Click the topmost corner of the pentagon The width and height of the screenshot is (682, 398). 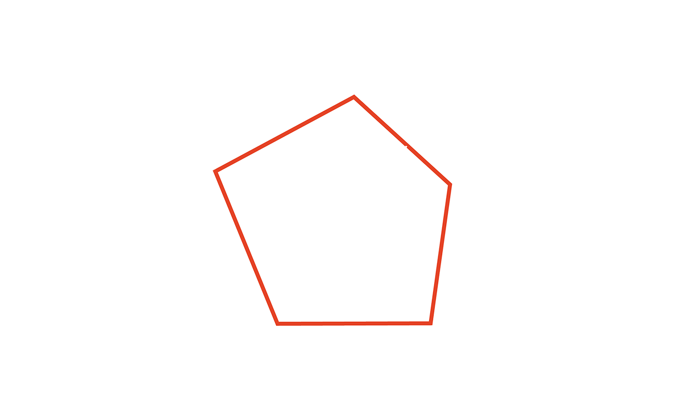tap(354, 97)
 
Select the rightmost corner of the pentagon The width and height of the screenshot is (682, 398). tap(450, 184)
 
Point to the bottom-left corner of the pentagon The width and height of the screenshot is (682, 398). tap(277, 324)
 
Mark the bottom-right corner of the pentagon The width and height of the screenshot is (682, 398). tap(430, 323)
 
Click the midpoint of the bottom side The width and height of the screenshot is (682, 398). tap(354, 324)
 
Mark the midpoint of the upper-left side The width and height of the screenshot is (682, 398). tap(285, 134)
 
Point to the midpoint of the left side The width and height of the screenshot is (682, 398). tap(247, 247)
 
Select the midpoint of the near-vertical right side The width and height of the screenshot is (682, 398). tap(440, 254)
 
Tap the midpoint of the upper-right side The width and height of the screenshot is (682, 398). tap(402, 141)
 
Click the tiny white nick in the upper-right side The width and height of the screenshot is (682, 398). tap(406, 146)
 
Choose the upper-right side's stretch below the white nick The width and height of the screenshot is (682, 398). tap(429, 165)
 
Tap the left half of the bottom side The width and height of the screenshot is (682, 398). tap(315, 324)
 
